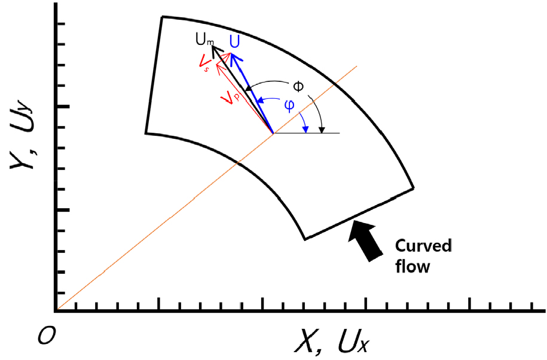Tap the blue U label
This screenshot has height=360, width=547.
click(x=235, y=42)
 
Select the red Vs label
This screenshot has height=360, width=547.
click(x=204, y=63)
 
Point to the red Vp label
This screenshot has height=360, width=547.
click(x=231, y=97)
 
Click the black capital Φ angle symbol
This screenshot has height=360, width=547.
click(x=298, y=86)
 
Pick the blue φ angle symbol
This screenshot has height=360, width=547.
click(x=289, y=105)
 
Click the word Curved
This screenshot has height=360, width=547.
click(x=423, y=246)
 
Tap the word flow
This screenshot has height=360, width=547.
click(x=412, y=267)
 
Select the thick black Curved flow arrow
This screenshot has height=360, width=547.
click(x=365, y=240)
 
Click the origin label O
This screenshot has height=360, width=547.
click(x=47, y=337)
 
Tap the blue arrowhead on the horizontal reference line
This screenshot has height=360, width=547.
click(x=305, y=130)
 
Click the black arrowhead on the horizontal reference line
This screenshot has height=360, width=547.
click(x=322, y=130)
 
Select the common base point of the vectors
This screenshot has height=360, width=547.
click(x=273, y=133)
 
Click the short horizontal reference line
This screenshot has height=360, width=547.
click(x=306, y=133)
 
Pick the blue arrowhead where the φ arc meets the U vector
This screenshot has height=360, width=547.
click(x=260, y=101)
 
